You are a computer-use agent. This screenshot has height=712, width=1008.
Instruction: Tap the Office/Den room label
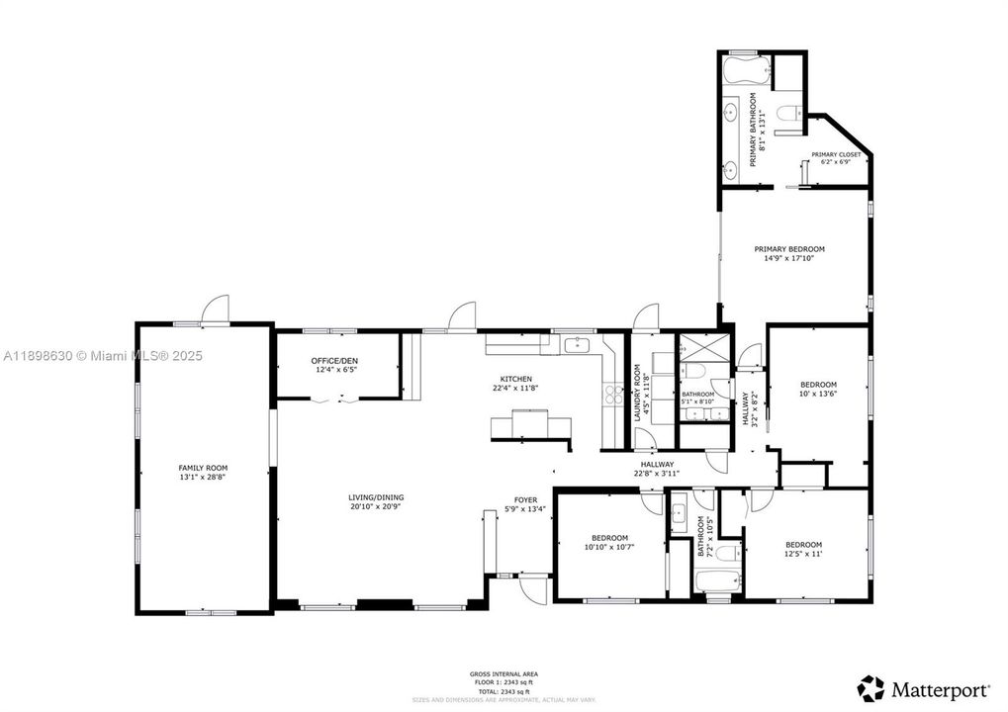pyautogui.click(x=334, y=361)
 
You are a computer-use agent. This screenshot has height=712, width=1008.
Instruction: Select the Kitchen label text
pyautogui.click(x=515, y=379)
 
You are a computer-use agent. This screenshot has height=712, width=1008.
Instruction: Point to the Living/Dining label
pyautogui.click(x=375, y=497)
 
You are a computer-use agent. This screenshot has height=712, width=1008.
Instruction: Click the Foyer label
pyautogui.click(x=525, y=500)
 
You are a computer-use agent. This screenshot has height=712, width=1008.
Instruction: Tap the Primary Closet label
pyautogui.click(x=836, y=155)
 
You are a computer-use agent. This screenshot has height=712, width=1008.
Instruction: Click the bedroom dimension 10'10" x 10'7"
pyautogui.click(x=609, y=547)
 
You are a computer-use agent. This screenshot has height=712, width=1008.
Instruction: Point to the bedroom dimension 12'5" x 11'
pyautogui.click(x=803, y=554)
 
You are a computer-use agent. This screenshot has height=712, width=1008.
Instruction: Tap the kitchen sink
pyautogui.click(x=577, y=345)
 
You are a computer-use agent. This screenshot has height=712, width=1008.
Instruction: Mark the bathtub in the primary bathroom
pyautogui.click(x=743, y=71)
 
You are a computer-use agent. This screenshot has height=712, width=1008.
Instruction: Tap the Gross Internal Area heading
pyautogui.click(x=504, y=674)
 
